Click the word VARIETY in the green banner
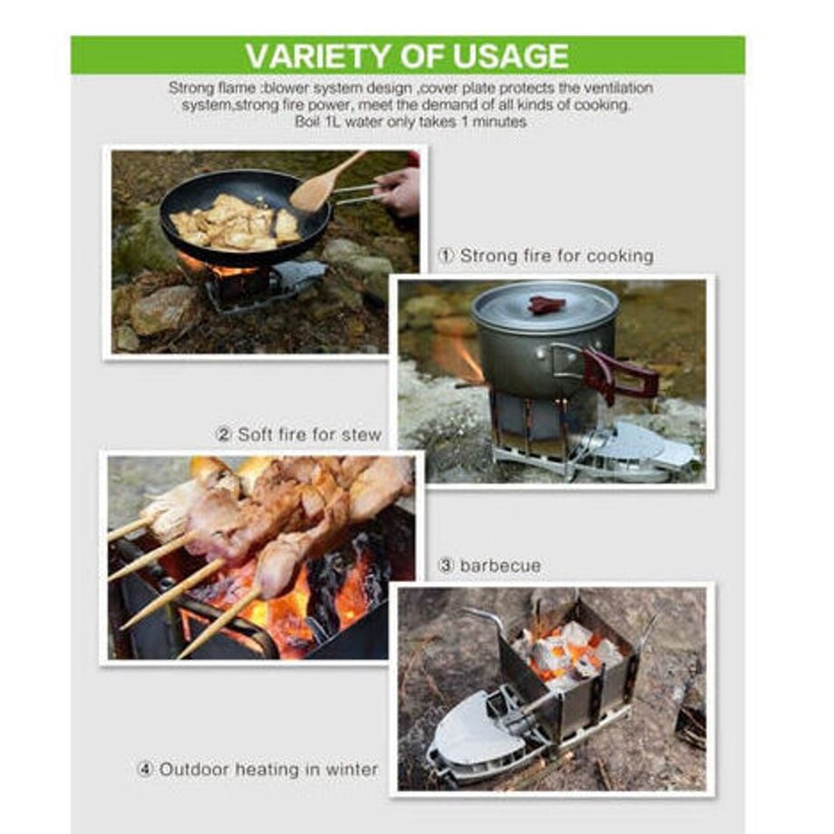317,56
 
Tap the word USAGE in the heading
510,56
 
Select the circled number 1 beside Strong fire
446,256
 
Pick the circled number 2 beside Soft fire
223,434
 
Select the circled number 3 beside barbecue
445,566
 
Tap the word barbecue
500,566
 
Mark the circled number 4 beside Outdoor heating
144,769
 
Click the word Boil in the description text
308,121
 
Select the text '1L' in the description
333,121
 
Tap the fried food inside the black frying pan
234,223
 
